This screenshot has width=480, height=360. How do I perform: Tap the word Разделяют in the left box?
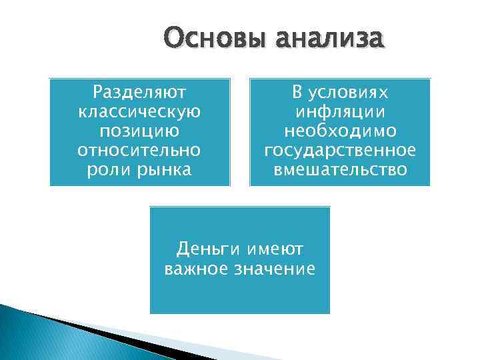coord(139,91)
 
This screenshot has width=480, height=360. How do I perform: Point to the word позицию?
coord(139,130)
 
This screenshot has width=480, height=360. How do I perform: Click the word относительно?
coord(139,149)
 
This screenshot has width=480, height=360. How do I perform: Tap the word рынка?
coord(161,169)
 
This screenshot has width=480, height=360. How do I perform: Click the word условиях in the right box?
coord(351,91)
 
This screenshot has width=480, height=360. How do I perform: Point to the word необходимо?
coord(340,130)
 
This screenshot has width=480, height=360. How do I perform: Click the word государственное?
coord(340,149)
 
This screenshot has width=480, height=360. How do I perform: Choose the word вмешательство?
coord(340,169)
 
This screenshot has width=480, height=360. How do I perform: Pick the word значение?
coord(275,269)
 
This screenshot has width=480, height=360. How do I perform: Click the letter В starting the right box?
coord(297,91)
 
